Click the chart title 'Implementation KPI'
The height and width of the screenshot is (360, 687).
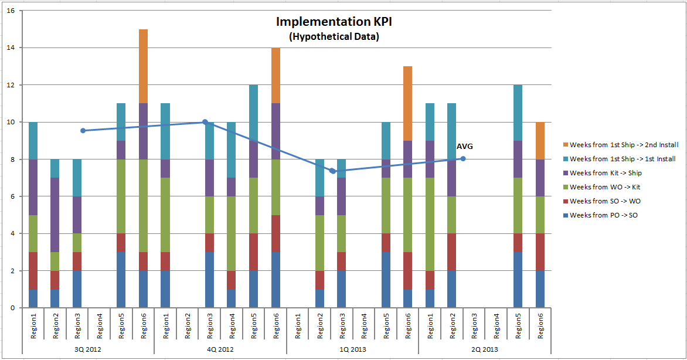click(x=334, y=22)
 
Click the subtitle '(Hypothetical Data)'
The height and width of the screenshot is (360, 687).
click(x=334, y=37)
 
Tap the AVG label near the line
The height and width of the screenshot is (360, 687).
click(x=465, y=147)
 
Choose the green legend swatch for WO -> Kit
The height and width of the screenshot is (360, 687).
click(x=566, y=187)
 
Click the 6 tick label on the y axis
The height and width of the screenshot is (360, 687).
click(x=12, y=196)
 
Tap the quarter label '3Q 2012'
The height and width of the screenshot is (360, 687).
click(x=88, y=349)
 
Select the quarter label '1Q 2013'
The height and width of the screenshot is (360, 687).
click(x=353, y=349)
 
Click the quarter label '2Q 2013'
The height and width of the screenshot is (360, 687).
click(x=485, y=349)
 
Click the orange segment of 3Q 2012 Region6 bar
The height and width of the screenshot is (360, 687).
click(x=143, y=66)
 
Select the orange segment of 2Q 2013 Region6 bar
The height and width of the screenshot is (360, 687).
click(x=540, y=141)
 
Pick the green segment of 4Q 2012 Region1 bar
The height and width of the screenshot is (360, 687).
click(x=165, y=215)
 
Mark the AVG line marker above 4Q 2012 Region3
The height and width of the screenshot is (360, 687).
click(x=205, y=122)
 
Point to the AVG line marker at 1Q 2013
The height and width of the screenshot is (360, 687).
click(x=332, y=171)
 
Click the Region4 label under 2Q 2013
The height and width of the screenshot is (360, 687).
click(x=496, y=326)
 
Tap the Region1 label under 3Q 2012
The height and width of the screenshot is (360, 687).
click(x=34, y=326)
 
